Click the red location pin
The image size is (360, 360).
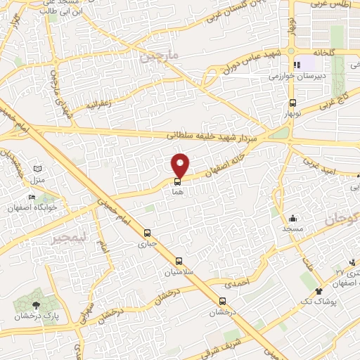[x=181, y=165]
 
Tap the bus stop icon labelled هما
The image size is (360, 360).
[x=176, y=181]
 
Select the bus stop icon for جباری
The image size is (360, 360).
[x=147, y=233]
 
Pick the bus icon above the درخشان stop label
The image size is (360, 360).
[x=221, y=301]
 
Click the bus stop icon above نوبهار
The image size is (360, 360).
[x=286, y=102]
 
